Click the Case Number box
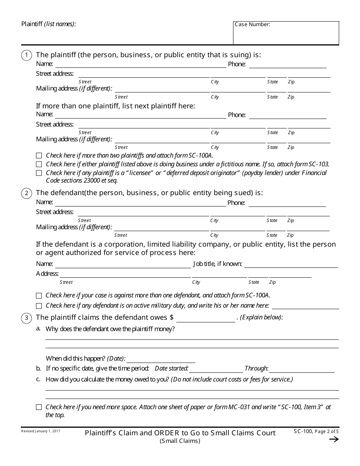pyautogui.click(x=286, y=33)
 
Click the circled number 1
pyautogui.click(x=26, y=56)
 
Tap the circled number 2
pyautogui.click(x=26, y=194)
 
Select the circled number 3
pyautogui.click(x=26, y=318)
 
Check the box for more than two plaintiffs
pyautogui.click(x=39, y=155)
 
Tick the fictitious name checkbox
pyautogui.click(x=39, y=164)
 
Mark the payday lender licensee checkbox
pyautogui.click(x=39, y=173)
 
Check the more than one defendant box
pyautogui.click(x=39, y=296)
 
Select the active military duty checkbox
pyautogui.click(x=39, y=306)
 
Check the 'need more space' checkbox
pyautogui.click(x=39, y=407)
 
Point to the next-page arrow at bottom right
pyautogui.click(x=333, y=439)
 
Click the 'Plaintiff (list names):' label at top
pyautogui.click(x=49, y=24)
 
